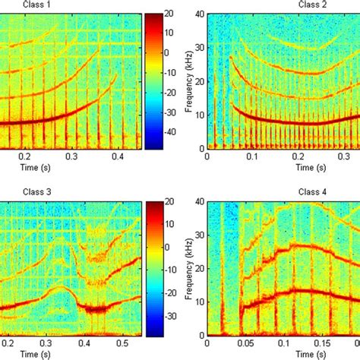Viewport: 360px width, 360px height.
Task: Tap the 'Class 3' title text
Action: pos(17,193)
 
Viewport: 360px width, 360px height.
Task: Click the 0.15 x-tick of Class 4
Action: pos(313,343)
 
